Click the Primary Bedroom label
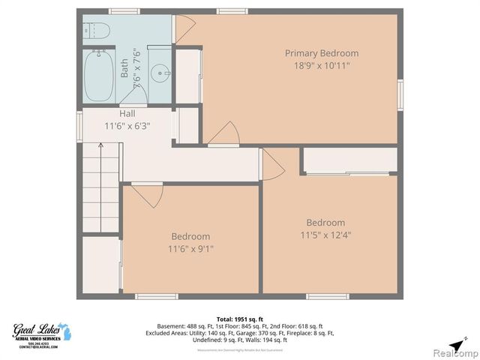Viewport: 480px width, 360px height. click(321, 53)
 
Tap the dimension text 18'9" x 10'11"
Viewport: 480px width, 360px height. click(321, 66)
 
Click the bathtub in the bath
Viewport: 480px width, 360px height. click(98, 76)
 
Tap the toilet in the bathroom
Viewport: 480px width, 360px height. click(96, 31)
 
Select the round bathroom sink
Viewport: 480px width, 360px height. click(160, 73)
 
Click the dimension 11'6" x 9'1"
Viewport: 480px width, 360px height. click(190, 249)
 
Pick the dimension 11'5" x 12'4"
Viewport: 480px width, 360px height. click(325, 235)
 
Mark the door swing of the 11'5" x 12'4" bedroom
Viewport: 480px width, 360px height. click(271, 165)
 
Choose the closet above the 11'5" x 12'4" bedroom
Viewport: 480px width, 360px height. click(350, 160)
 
